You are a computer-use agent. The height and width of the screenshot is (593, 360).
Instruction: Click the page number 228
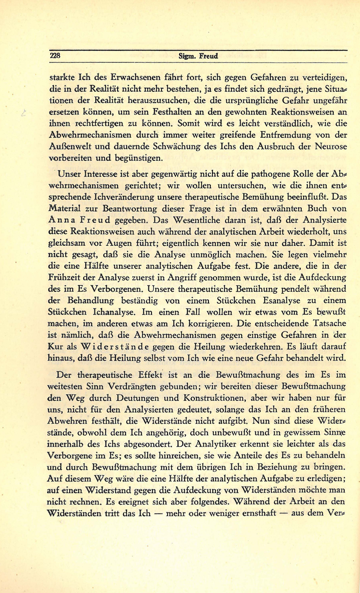pyautogui.click(x=55, y=56)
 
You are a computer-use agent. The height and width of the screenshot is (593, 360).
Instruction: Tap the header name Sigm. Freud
pyautogui.click(x=198, y=56)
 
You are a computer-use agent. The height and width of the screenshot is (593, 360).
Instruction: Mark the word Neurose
pyautogui.click(x=331, y=147)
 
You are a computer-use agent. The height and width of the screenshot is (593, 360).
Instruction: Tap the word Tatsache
pyautogui.click(x=330, y=324)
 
